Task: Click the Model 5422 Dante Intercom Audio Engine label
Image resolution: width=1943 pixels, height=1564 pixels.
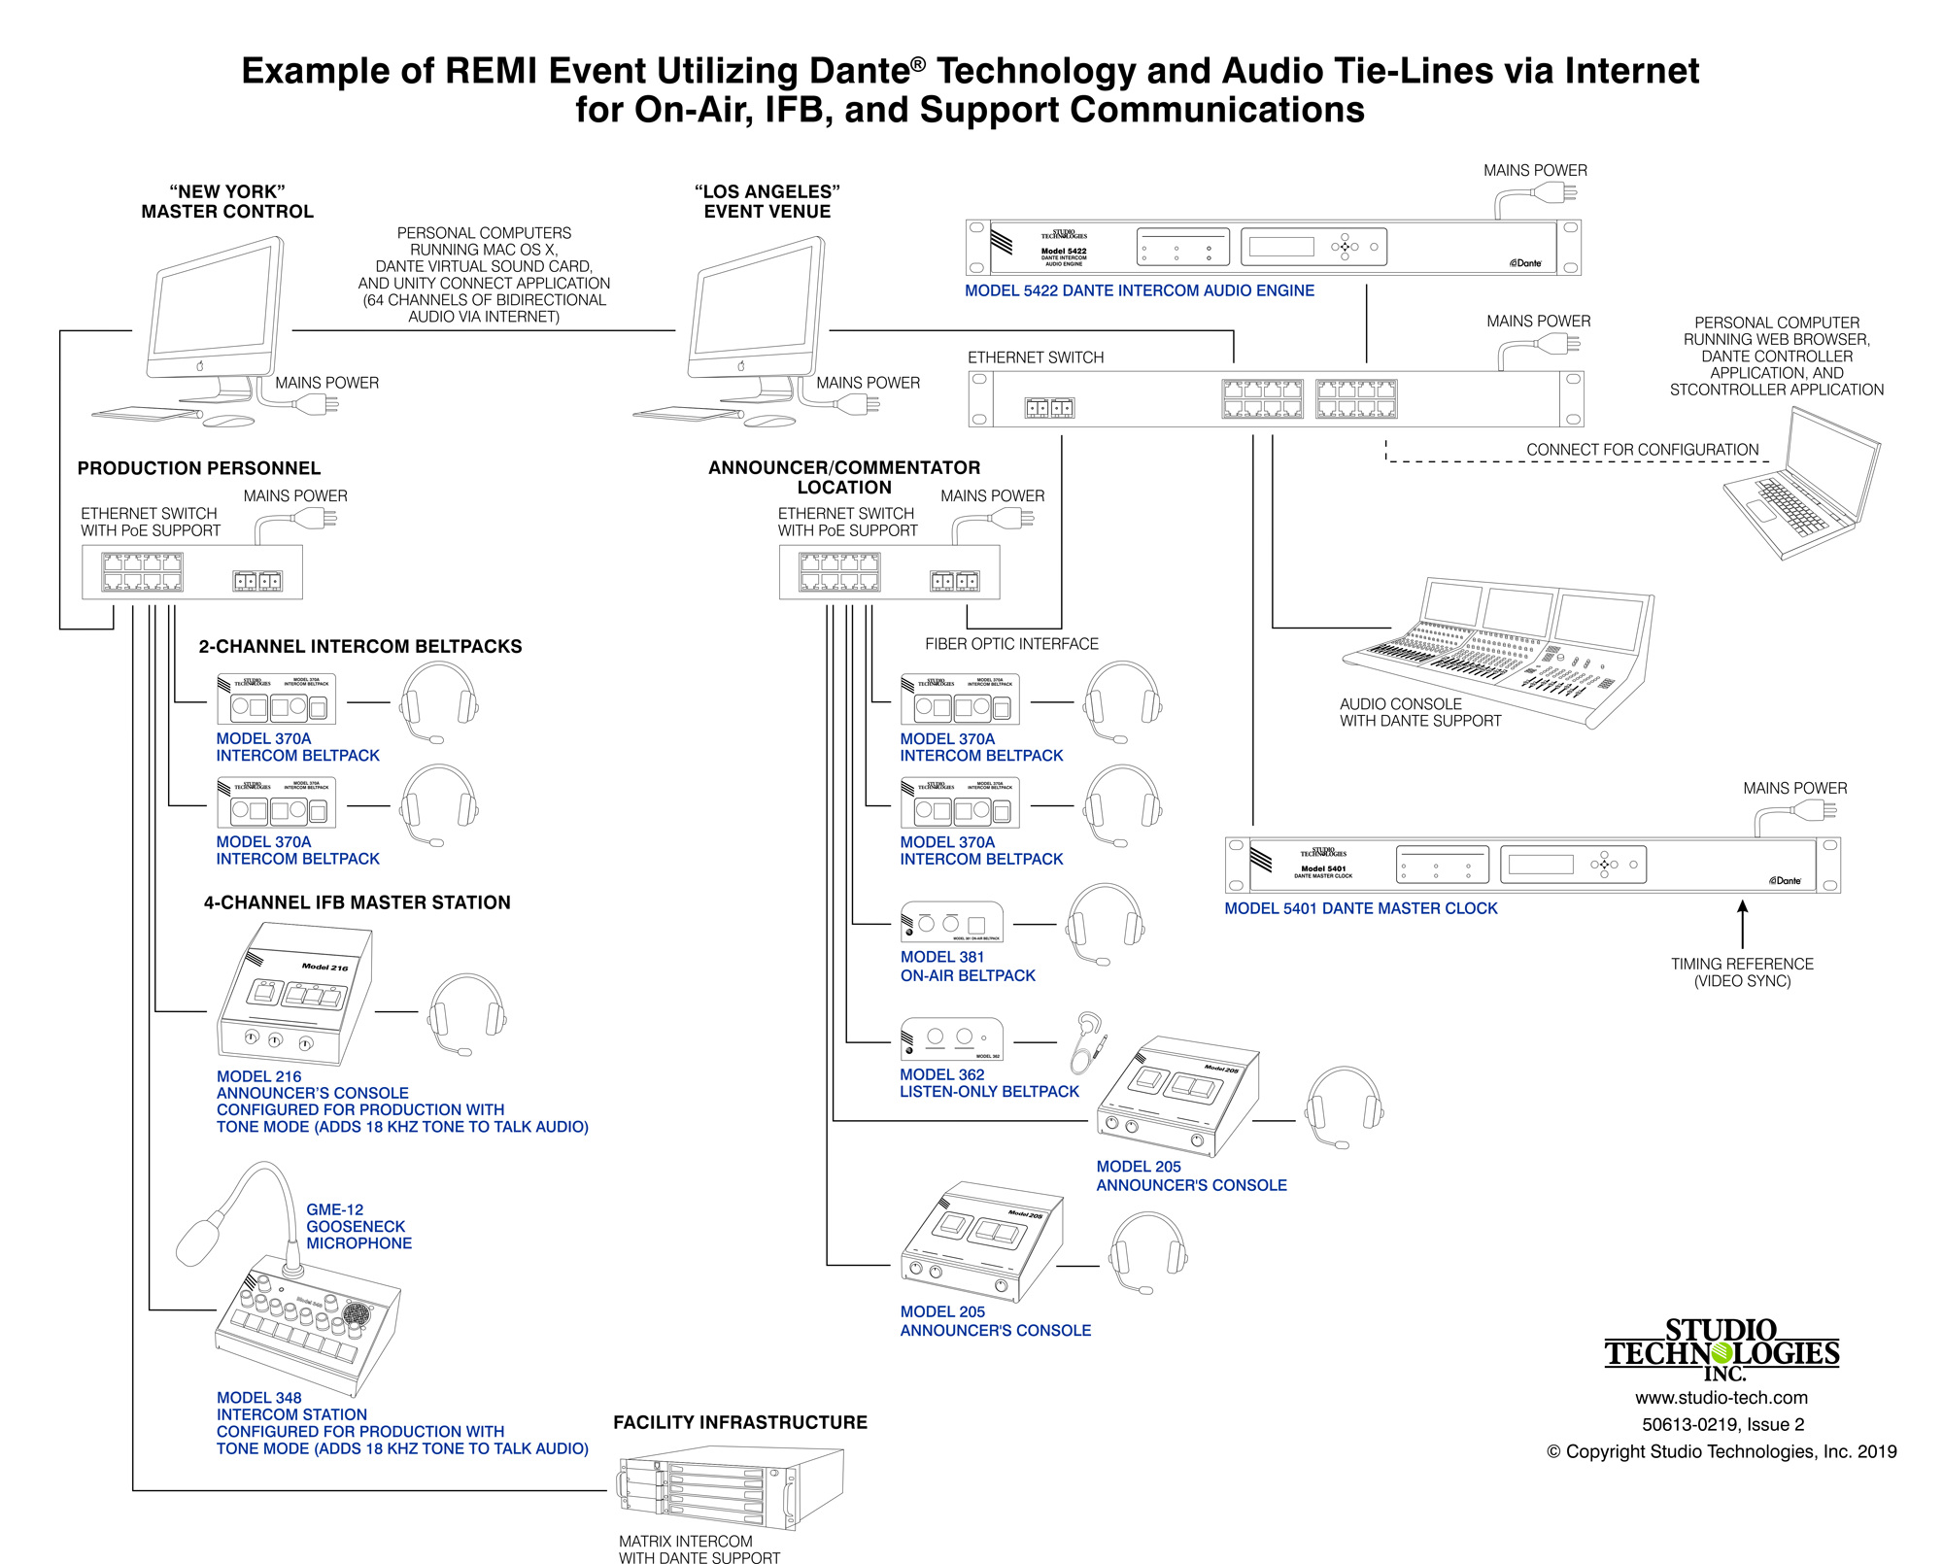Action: pos(1139,290)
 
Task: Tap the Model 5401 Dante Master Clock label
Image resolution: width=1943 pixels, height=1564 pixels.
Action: pos(1360,908)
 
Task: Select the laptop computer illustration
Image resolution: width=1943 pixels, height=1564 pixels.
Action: pos(1802,486)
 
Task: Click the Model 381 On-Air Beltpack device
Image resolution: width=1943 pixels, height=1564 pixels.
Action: pos(951,923)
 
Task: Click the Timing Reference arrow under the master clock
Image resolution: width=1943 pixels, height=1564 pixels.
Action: pos(1743,923)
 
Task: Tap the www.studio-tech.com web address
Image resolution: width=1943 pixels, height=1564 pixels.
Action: pos(1721,1398)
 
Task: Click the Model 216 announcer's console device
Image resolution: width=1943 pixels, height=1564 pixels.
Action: pos(294,996)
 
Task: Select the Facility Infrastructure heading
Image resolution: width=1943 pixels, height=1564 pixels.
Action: pos(740,1422)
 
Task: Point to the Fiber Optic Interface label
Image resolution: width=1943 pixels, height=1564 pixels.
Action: pos(1011,644)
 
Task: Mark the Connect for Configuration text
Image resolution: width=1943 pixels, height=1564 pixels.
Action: pos(1642,450)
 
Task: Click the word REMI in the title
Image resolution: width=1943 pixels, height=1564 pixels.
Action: pos(491,71)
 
